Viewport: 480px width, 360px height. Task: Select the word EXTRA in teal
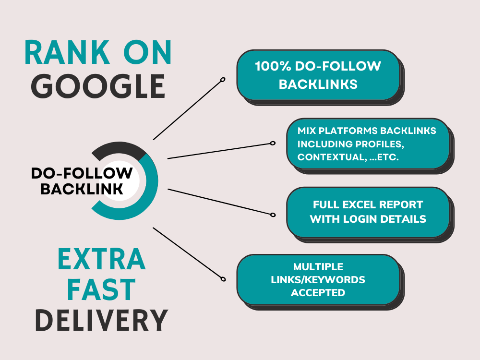click(x=102, y=260)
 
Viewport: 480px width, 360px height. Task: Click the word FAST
click(x=102, y=290)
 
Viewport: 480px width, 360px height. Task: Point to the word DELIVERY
click(x=102, y=320)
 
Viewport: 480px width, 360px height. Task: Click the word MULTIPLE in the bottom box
click(x=318, y=266)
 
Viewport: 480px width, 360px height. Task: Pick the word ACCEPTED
click(x=318, y=292)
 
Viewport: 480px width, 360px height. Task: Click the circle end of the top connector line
click(x=223, y=80)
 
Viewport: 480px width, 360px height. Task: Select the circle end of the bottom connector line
click(x=223, y=278)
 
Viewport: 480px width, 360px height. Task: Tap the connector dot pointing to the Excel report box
click(x=273, y=215)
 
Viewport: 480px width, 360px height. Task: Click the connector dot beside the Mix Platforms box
click(x=273, y=143)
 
